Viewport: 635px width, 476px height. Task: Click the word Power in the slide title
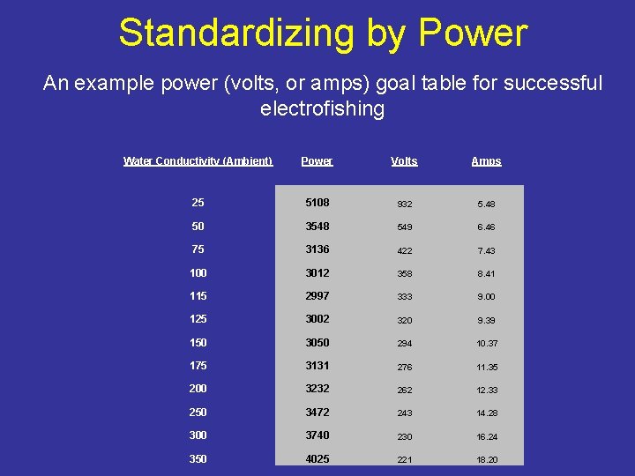pos(473,33)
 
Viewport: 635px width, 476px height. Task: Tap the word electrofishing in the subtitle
pos(323,109)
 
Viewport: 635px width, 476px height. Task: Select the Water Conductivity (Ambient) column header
pos(198,161)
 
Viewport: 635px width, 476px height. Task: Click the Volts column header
pos(404,161)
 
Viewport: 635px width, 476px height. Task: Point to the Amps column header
pos(486,161)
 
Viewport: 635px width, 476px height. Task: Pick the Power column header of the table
pos(317,161)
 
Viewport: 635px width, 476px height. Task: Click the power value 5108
pos(317,203)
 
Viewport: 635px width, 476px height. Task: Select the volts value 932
pos(404,204)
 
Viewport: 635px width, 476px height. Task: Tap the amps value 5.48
pos(486,204)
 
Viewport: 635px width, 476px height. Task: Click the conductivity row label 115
pos(198,296)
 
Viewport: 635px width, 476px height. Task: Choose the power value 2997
pos(317,296)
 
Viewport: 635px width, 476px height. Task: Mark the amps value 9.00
pos(486,297)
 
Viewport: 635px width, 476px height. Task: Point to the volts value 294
pos(404,343)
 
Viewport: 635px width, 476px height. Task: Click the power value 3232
pos(317,389)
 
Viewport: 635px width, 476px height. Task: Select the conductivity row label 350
pos(198,458)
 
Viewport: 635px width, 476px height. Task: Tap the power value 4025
pos(317,458)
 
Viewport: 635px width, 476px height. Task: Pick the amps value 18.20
pos(486,459)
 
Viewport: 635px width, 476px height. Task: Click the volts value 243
pos(404,413)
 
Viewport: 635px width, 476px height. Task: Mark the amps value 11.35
pos(486,367)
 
